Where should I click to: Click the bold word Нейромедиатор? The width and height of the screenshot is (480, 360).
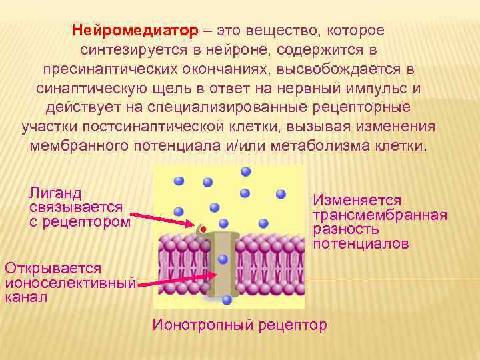coord(135,31)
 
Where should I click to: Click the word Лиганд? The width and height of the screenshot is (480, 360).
coord(55,193)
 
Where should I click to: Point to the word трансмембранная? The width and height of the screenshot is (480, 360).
coord(380,215)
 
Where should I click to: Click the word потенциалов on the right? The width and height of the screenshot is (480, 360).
coord(361,244)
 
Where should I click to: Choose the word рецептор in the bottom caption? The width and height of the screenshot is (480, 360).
coord(294,325)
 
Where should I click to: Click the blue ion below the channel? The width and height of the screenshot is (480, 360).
coord(227,300)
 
